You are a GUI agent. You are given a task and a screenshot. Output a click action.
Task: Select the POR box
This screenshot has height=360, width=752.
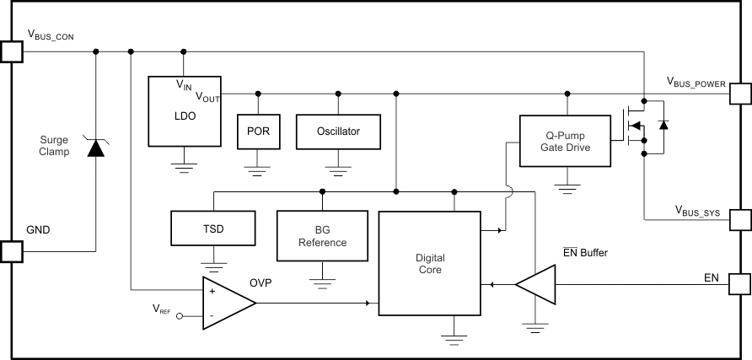click(258, 132)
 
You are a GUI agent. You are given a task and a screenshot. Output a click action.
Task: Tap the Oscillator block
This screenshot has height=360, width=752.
click(338, 132)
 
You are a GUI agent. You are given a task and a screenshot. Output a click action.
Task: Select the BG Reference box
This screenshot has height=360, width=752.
click(322, 236)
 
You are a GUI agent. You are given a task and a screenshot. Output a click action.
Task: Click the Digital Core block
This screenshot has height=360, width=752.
click(429, 264)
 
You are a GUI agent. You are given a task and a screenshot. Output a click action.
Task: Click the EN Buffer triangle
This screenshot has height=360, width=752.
click(537, 285)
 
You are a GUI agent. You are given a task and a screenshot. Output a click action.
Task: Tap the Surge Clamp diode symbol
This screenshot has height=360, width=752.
click(96, 148)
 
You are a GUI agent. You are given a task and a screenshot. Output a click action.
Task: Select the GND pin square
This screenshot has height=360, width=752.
click(11, 251)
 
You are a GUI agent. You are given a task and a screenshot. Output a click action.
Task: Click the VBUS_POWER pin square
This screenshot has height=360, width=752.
click(740, 93)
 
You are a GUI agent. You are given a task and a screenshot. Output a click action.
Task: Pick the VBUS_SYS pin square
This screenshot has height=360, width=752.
click(740, 219)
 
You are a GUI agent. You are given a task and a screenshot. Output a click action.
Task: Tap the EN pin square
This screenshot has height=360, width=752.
click(740, 285)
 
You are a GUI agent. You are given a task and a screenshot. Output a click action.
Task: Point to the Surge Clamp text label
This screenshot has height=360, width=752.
click(54, 146)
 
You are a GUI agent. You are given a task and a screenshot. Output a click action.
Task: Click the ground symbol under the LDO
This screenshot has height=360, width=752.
click(184, 164)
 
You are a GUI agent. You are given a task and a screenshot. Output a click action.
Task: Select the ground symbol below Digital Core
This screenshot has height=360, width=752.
click(454, 337)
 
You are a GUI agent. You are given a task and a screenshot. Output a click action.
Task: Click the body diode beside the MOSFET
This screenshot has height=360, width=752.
click(663, 126)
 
